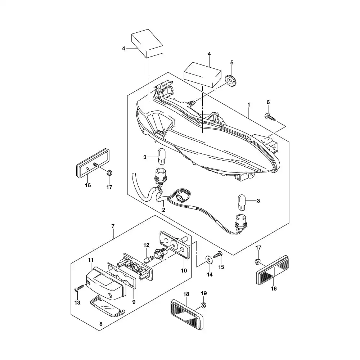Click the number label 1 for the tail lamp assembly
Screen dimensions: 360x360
click(x=248, y=104)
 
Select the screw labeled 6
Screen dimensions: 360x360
click(x=270, y=116)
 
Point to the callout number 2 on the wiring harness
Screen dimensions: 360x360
click(x=163, y=210)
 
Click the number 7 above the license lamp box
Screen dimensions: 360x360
click(x=113, y=226)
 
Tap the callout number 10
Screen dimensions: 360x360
click(x=184, y=270)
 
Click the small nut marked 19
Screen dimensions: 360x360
click(x=203, y=306)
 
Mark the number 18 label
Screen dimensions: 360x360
click(x=186, y=294)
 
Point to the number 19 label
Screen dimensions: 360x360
click(x=203, y=293)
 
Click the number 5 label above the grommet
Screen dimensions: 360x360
click(x=232, y=62)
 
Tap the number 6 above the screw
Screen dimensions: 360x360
click(x=268, y=102)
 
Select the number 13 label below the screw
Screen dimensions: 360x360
click(x=77, y=302)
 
